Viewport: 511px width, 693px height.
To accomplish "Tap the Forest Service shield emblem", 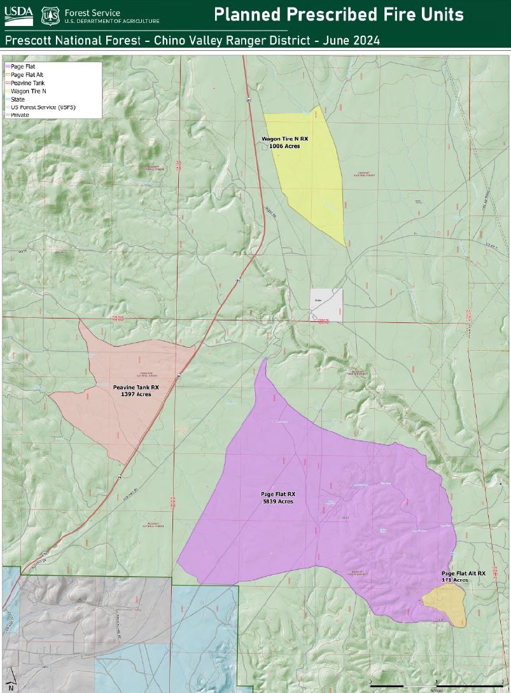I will pos(51,15).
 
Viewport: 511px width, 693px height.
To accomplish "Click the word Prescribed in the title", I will pos(337,14).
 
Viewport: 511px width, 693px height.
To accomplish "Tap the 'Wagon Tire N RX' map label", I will pos(285,138).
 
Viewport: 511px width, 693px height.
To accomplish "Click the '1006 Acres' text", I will pos(284,146).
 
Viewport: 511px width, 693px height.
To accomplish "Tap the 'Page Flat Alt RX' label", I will pos(463,573).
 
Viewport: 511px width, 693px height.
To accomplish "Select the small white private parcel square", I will pos(326,304).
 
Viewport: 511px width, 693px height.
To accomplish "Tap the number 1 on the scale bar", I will pos(435,681).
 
